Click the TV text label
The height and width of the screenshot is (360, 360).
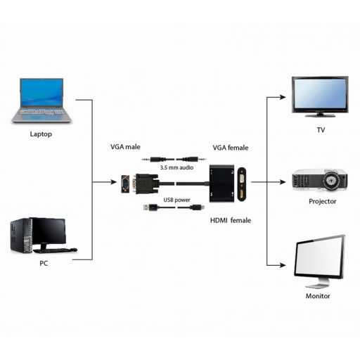[321, 131]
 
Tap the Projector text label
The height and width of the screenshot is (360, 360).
[322, 201]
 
